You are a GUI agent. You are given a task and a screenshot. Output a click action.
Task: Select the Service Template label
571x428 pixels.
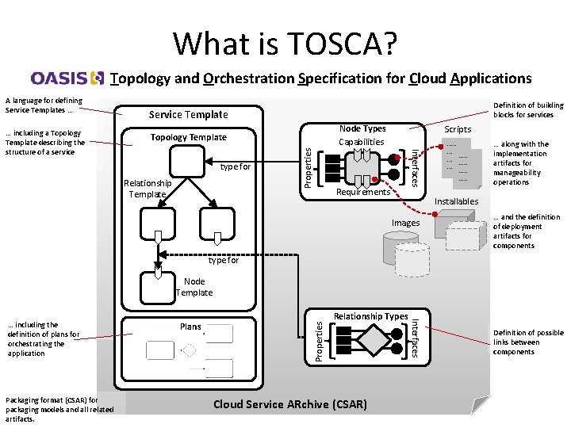189,115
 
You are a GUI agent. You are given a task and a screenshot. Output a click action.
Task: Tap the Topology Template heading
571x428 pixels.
189,137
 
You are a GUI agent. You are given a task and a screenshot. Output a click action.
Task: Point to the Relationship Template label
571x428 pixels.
148,189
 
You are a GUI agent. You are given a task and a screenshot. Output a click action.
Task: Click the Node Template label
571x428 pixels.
194,287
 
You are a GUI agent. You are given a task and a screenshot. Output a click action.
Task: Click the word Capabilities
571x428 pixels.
362,142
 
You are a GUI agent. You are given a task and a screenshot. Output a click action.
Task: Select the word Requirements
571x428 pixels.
363,192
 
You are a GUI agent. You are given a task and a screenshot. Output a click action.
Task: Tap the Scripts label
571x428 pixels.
458,129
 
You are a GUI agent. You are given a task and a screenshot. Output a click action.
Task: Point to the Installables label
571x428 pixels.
457,201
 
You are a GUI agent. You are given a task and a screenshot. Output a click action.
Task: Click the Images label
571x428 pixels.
405,223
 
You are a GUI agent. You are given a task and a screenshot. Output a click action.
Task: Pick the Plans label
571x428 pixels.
191,327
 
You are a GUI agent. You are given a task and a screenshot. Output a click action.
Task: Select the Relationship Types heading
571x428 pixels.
370,316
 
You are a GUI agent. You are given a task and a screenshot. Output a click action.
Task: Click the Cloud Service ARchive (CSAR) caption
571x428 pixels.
290,404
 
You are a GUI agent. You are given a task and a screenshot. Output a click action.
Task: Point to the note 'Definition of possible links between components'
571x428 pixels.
527,342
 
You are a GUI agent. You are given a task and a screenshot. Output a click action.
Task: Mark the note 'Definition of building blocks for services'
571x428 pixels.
528,109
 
